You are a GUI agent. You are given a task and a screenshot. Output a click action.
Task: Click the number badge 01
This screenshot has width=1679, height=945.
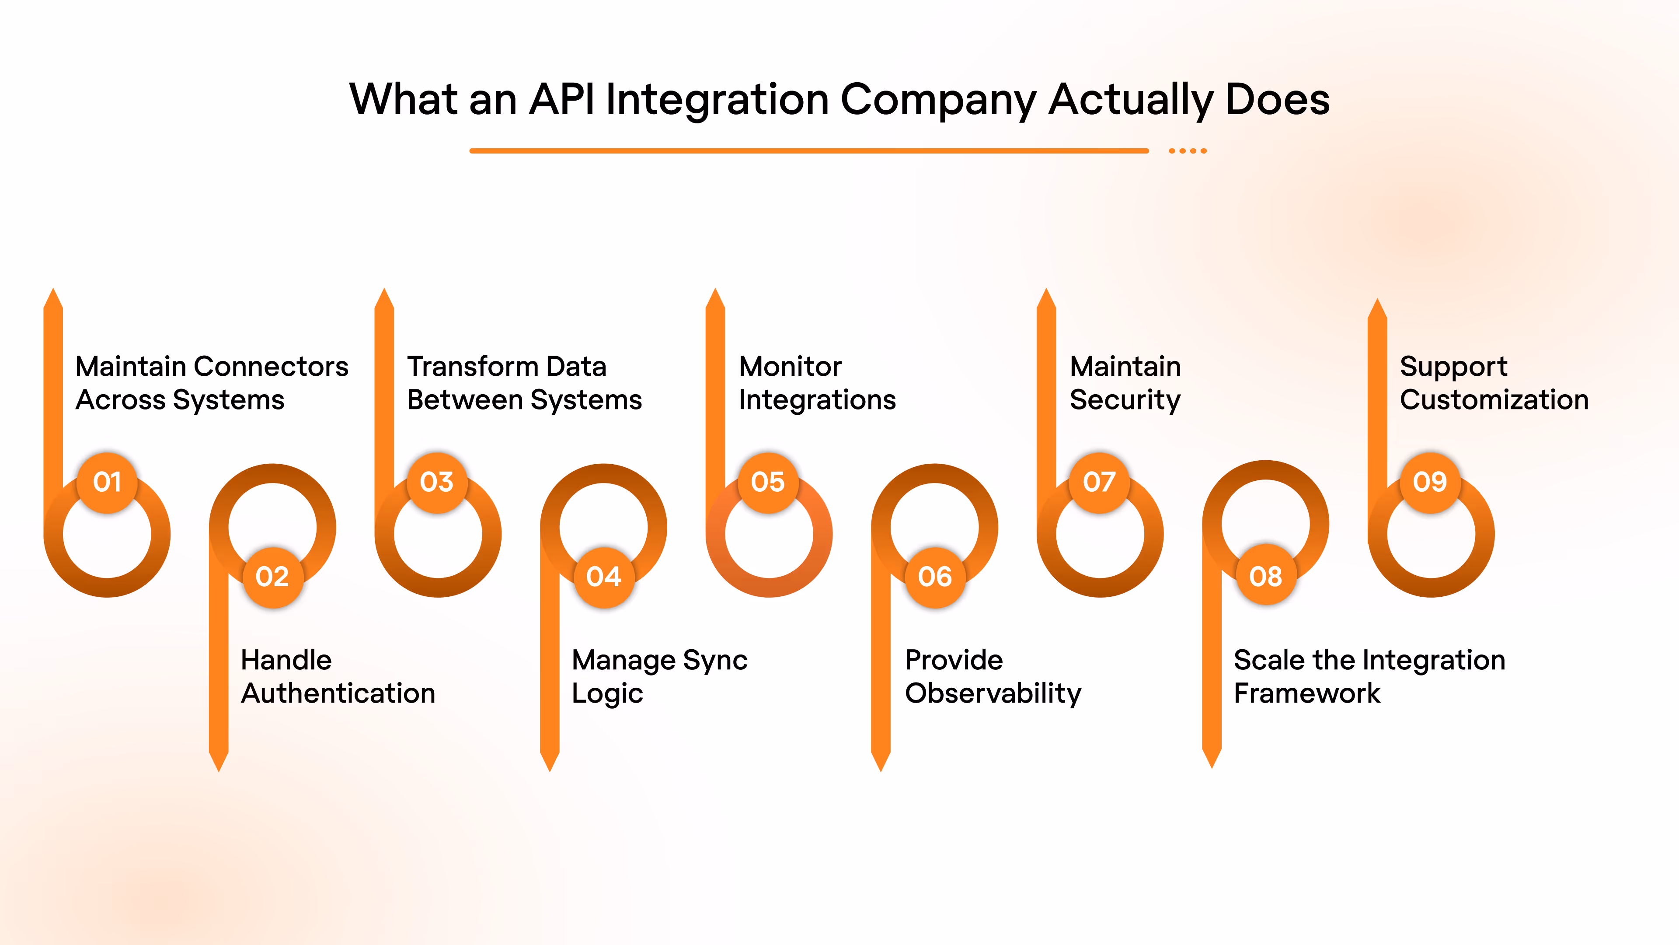pos(108,483)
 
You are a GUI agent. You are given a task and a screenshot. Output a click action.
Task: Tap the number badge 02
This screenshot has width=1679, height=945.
pos(272,577)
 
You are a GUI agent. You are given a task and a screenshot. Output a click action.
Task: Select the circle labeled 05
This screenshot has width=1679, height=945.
pos(768,483)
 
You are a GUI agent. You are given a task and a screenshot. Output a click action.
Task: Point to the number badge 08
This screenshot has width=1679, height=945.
pos(1266,577)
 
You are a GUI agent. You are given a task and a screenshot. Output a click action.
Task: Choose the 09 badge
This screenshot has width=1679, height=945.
pos(1430,483)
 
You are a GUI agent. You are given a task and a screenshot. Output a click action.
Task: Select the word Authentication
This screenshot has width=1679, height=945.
pos(338,693)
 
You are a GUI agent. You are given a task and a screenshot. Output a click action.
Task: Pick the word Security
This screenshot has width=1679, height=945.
pos(1125,400)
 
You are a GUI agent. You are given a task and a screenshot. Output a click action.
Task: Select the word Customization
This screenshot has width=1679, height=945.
pos(1494,400)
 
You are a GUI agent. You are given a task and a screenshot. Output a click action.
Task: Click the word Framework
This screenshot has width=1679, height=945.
pos(1307,693)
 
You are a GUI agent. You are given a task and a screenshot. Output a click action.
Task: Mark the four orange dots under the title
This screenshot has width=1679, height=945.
pos(1188,150)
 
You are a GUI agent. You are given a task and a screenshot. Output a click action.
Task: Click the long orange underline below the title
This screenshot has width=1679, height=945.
pos(808,150)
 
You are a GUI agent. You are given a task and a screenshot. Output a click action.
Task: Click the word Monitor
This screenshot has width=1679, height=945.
pos(790,367)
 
